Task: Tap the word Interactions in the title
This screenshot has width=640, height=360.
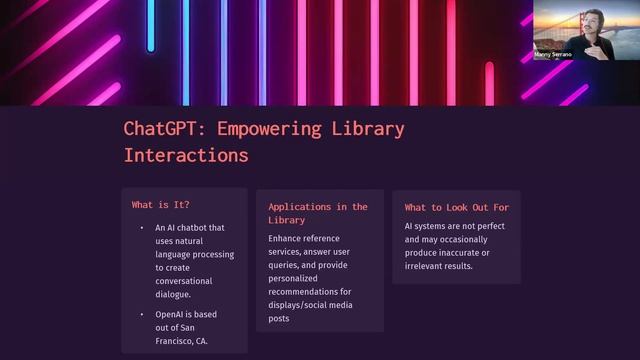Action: tap(186, 156)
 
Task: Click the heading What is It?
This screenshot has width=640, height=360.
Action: tap(160, 205)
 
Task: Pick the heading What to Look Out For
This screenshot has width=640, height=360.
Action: tap(456, 207)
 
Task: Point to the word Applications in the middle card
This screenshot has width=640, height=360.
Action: tap(303, 207)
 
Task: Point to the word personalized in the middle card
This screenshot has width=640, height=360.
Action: tap(297, 279)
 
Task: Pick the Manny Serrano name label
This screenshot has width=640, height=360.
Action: tap(553, 54)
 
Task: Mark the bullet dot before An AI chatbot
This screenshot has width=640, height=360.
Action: tap(141, 228)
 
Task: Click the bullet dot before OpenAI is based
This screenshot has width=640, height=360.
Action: tap(141, 315)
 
